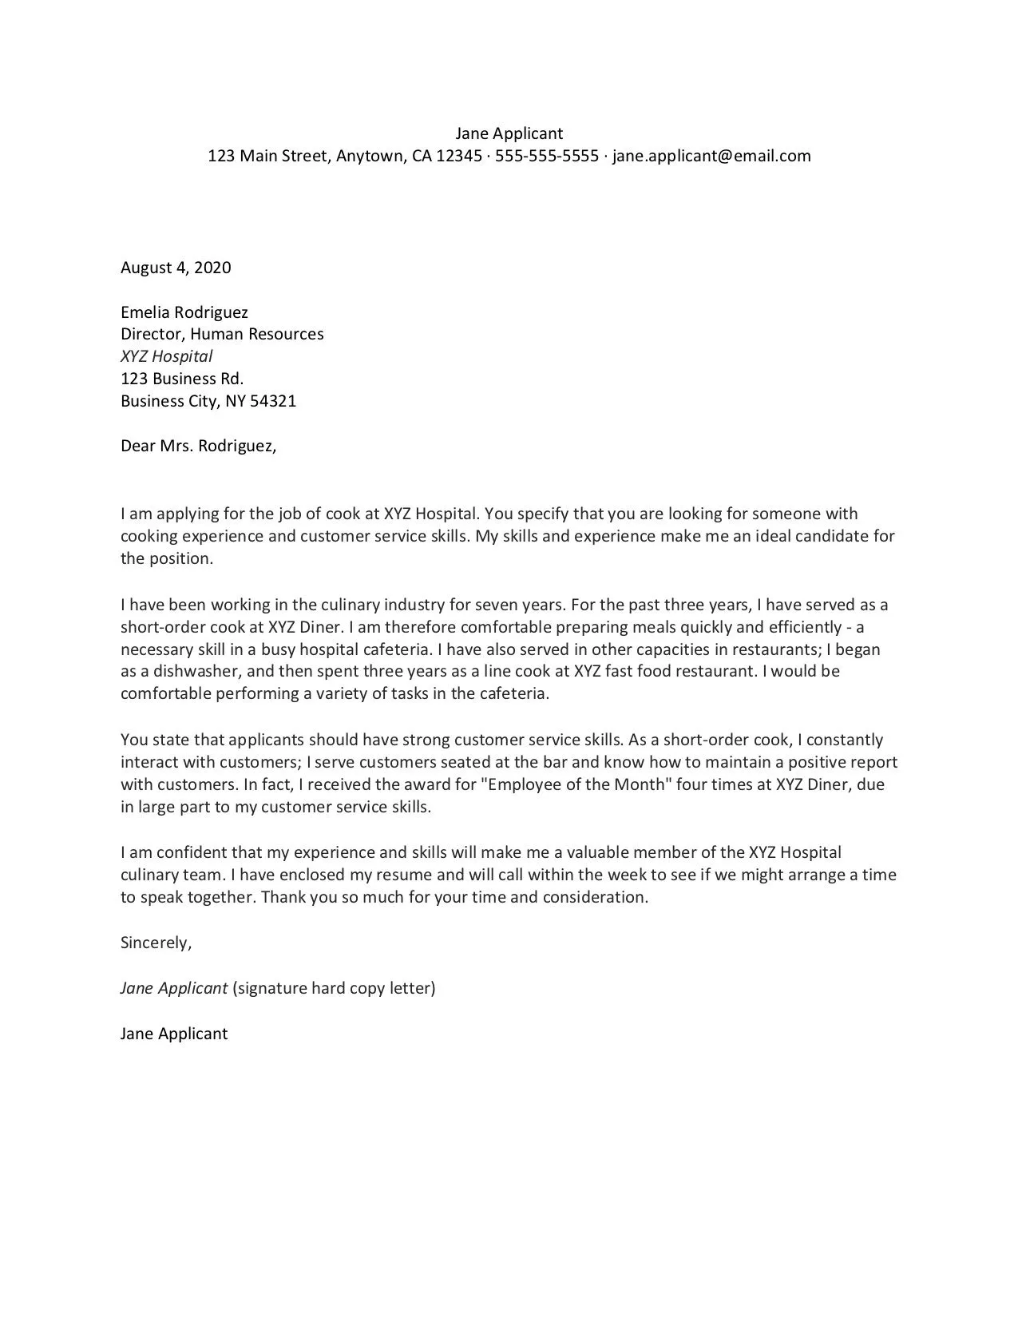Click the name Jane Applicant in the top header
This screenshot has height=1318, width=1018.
(x=509, y=133)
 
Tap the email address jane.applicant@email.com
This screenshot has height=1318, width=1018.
(x=711, y=156)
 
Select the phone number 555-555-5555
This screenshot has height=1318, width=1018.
(x=546, y=156)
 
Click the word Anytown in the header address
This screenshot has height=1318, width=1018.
(x=370, y=156)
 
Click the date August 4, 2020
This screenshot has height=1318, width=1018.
(x=176, y=268)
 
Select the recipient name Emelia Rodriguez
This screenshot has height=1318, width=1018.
(x=184, y=312)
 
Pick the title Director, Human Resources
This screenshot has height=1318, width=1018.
(x=222, y=334)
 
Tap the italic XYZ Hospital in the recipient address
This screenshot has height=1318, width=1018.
(x=166, y=356)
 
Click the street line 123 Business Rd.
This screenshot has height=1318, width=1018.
(x=182, y=379)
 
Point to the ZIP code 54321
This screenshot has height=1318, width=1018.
(x=273, y=401)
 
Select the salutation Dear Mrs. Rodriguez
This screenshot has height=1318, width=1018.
(x=198, y=446)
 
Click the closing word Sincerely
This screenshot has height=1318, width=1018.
(x=156, y=943)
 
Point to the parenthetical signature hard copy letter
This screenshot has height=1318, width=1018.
(x=334, y=988)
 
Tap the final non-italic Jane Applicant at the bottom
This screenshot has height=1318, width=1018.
(x=174, y=1034)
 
